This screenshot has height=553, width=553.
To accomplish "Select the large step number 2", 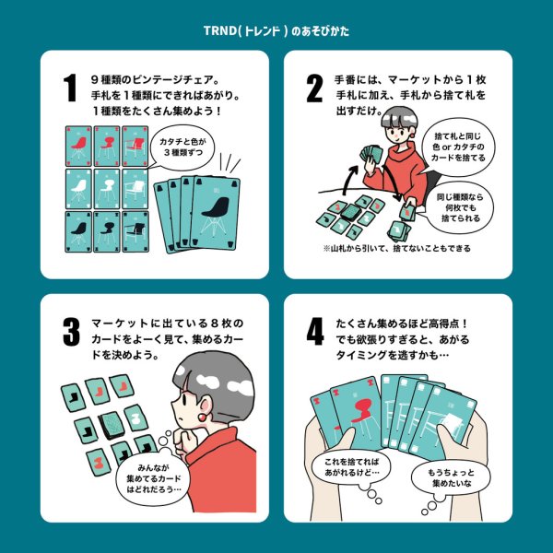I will (314, 89).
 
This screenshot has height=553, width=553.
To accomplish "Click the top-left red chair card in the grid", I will (78, 145).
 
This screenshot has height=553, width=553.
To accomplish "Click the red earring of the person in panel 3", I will (197, 412).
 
